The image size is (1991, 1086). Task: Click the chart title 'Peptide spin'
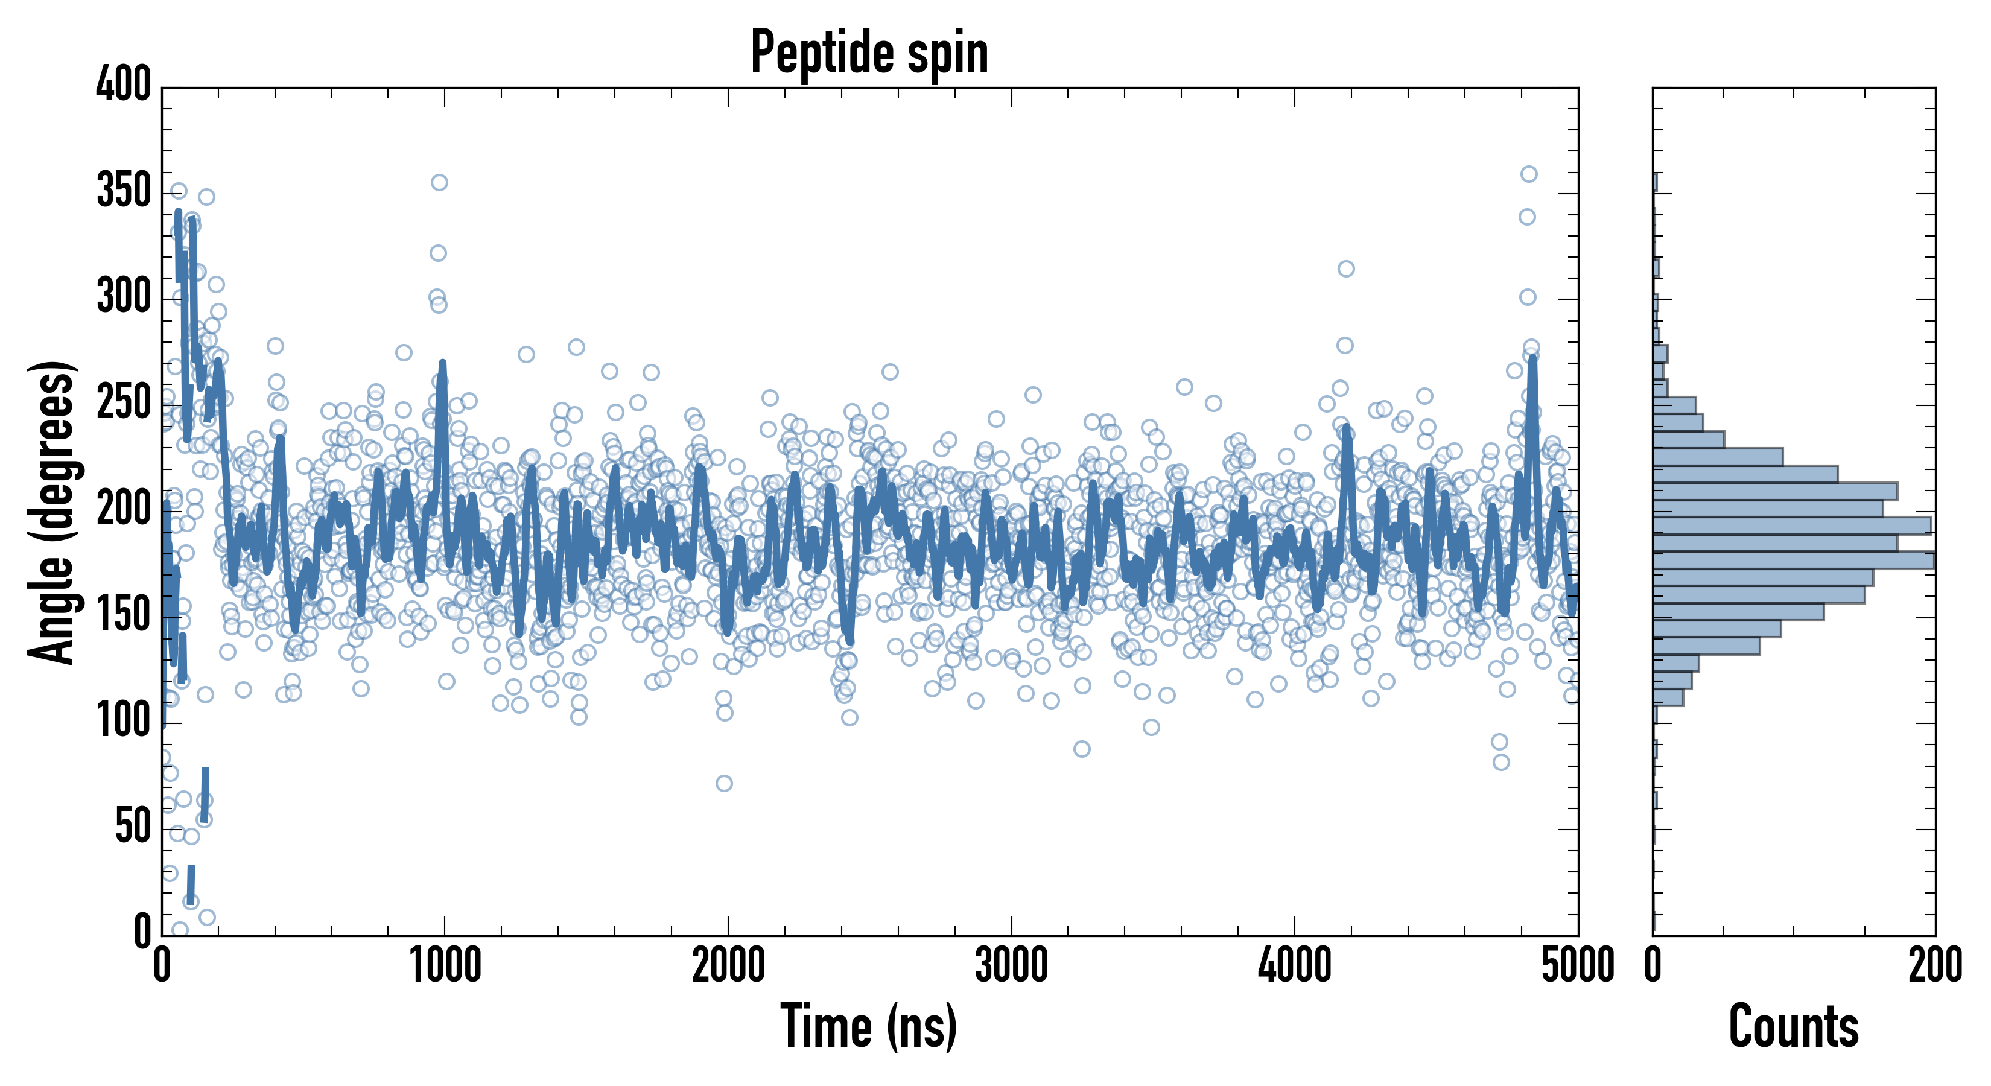(869, 52)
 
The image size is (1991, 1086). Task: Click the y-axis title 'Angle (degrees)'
(52, 512)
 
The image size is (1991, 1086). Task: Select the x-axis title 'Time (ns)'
(869, 1026)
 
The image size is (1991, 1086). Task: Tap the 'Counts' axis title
(1793, 1026)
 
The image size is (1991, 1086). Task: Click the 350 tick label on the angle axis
(124, 190)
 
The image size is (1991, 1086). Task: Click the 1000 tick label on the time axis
(445, 965)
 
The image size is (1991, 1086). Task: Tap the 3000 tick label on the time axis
(1011, 965)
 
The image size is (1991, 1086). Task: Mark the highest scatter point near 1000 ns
(439, 182)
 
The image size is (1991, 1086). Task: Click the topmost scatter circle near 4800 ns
(1529, 174)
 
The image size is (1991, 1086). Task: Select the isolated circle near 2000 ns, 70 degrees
(724, 784)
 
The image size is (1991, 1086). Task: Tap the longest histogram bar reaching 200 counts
(1793, 560)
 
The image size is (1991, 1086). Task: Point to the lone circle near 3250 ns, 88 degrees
(1082, 749)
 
